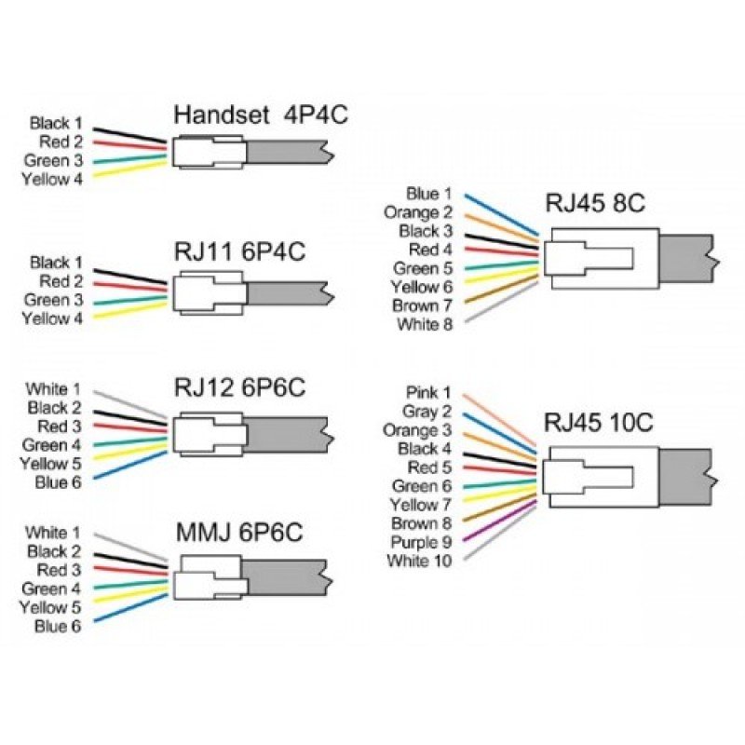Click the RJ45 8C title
coord(597,203)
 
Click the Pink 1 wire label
coord(428,393)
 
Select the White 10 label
coord(420,561)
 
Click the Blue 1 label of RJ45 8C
coord(428,194)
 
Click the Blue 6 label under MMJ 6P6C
coord(58,626)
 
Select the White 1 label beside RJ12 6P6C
coord(53,388)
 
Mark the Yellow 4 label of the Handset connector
coord(52,179)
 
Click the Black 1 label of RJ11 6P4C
coord(56,263)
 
